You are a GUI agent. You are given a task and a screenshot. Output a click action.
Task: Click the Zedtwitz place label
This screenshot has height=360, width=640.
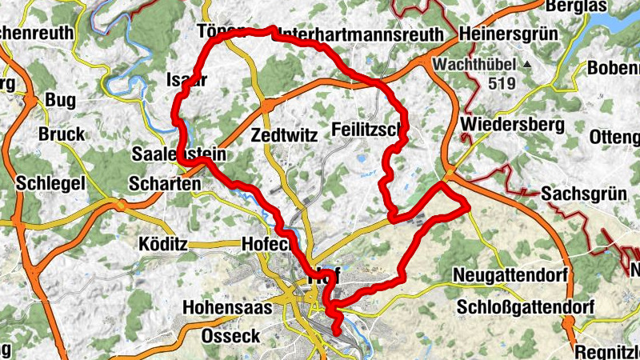[x=284, y=134]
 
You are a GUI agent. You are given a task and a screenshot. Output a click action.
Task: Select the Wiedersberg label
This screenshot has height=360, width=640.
[x=513, y=125]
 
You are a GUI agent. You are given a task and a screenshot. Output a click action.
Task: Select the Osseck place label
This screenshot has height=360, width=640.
[x=231, y=336]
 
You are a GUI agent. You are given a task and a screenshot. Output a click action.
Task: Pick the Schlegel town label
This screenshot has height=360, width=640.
[x=50, y=184]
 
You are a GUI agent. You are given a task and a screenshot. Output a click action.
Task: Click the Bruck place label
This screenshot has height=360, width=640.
[x=61, y=134]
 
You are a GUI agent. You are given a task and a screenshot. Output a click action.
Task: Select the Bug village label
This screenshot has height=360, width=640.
[x=60, y=100]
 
